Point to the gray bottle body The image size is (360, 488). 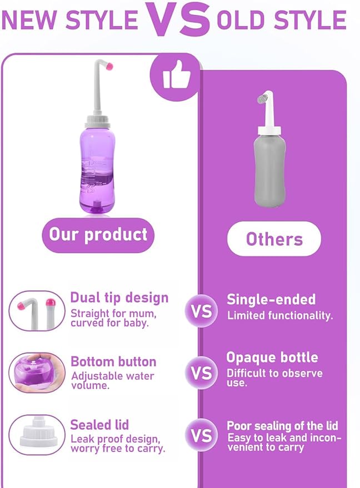point(271,170)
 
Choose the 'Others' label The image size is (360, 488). point(274,239)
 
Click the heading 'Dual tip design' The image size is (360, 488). point(119,298)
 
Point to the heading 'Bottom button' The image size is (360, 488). point(113,361)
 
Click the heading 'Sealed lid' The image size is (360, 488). point(99,425)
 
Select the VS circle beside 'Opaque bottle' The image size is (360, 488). point(201,372)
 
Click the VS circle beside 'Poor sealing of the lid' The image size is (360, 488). point(201,436)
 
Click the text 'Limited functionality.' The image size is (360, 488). point(280,315)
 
